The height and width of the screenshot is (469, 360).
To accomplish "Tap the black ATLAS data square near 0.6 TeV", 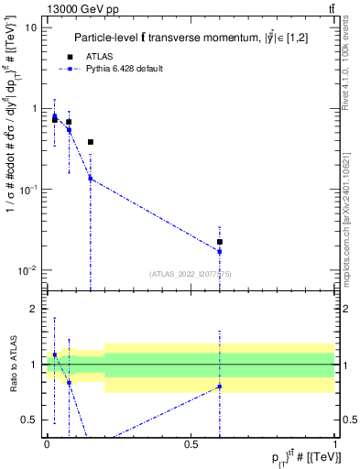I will pyautogui.click(x=220, y=242).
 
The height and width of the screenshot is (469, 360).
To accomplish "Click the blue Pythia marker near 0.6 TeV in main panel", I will pyautogui.click(x=220, y=251).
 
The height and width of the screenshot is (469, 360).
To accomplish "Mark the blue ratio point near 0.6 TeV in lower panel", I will pyautogui.click(x=220, y=387).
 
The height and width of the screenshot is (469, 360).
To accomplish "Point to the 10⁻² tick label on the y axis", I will pyautogui.click(x=28, y=270).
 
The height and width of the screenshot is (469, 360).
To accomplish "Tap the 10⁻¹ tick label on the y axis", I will pyautogui.click(x=28, y=190).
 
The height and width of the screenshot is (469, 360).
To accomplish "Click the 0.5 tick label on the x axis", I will pyautogui.click(x=191, y=443).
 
